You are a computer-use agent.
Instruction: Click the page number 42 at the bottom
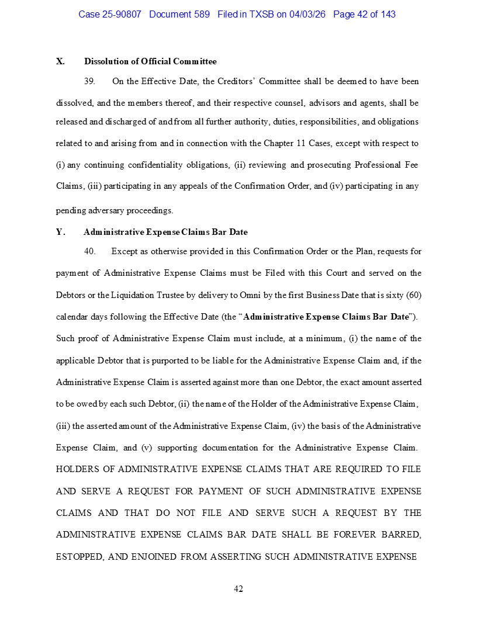pos(238,588)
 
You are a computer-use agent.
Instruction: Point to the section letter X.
pos(60,61)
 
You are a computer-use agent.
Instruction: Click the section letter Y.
pos(60,232)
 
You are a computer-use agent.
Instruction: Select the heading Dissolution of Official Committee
pos(150,61)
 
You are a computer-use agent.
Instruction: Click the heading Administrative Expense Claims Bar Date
pos(165,232)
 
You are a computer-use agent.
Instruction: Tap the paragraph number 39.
pos(89,81)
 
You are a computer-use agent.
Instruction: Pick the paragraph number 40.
pos(89,252)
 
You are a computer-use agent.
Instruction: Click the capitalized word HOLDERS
pos(85,469)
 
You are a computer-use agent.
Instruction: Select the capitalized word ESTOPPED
pos(80,557)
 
